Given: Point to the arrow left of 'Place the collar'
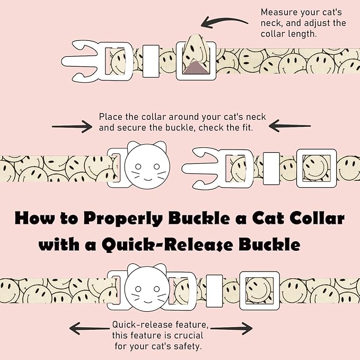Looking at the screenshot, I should pos(73,126).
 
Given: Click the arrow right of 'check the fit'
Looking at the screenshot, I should pos(289,126).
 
